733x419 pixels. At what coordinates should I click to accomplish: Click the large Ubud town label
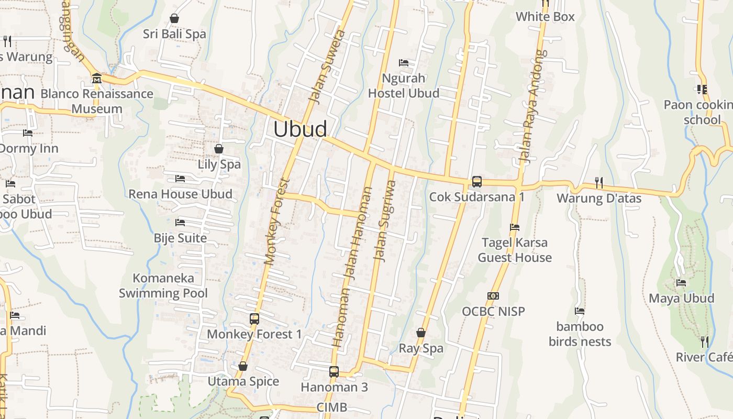pos(301,129)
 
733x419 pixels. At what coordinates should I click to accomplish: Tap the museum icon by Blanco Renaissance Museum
pos(96,79)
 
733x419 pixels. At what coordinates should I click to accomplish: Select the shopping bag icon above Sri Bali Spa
pos(174,19)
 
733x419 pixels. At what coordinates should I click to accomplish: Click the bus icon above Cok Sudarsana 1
pos(476,182)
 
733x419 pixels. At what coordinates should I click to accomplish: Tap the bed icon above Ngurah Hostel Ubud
pos(404,63)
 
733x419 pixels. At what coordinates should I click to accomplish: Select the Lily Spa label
pos(219,164)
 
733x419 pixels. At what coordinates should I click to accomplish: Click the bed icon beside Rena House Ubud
pos(180,179)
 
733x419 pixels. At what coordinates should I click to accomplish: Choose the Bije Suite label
pos(180,238)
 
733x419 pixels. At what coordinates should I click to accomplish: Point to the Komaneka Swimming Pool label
pos(163,285)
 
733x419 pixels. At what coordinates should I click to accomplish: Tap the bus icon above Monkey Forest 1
pos(254,318)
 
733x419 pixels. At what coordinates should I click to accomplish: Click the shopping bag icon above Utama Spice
pos(242,366)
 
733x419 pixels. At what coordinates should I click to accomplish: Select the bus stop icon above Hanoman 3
pos(334,372)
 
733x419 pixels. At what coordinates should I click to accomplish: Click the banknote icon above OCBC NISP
pos(493,296)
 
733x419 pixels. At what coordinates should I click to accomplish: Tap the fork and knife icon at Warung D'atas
pos(599,182)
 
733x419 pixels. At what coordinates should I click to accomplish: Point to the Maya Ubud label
pos(681,299)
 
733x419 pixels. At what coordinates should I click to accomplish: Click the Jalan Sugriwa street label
pos(385,220)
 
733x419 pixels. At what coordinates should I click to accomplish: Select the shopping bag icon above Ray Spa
pos(421,333)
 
